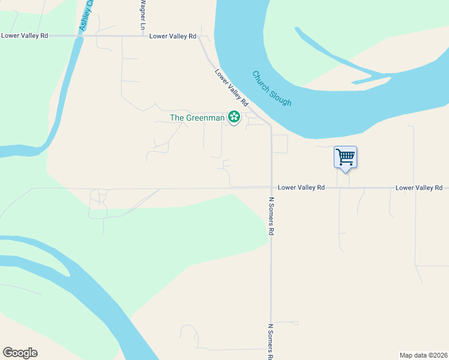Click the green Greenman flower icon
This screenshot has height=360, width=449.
(234, 117)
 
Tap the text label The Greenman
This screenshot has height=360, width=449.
(197, 118)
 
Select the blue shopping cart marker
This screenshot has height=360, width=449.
(345, 157)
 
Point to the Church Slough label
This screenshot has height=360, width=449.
(272, 89)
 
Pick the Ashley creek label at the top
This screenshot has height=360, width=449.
(87, 15)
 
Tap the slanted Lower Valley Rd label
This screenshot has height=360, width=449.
(232, 88)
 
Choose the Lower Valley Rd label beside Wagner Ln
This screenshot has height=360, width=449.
(173, 36)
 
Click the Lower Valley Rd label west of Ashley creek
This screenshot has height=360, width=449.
(25, 35)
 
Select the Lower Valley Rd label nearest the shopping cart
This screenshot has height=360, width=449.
(301, 188)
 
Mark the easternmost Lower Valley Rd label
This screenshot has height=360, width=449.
(419, 188)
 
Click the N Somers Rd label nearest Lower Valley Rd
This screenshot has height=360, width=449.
(271, 216)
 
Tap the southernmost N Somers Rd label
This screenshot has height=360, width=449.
(271, 342)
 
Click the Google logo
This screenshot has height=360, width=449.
(20, 353)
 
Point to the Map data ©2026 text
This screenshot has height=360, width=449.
(423, 355)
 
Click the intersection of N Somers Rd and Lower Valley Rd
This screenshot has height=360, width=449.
(271, 188)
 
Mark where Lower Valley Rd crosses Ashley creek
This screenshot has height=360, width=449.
(78, 36)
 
